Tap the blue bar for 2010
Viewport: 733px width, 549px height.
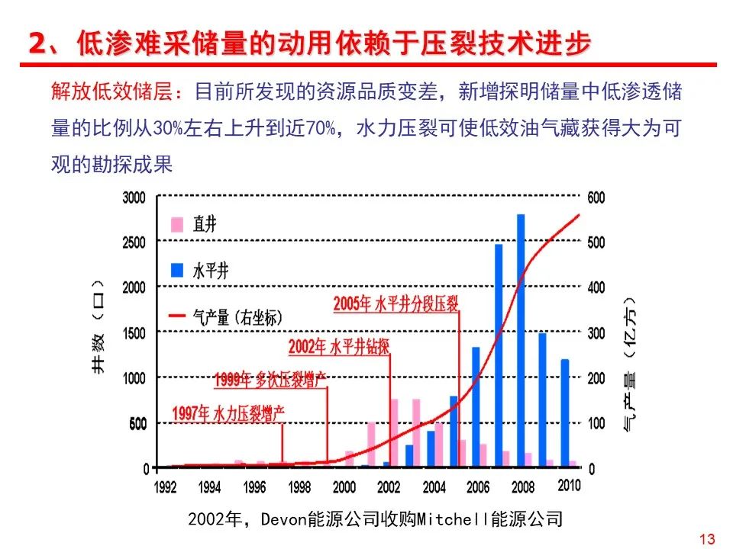coord(565,413)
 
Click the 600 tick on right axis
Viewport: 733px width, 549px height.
coord(596,197)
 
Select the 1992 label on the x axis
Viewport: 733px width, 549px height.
coord(166,486)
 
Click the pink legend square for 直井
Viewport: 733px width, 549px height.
coord(177,224)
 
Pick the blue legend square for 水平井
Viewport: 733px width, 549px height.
coord(177,270)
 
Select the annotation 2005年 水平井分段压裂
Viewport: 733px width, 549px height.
coord(396,304)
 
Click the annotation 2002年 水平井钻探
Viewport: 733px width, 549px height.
coord(339,347)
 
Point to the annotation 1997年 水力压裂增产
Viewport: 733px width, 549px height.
coord(228,414)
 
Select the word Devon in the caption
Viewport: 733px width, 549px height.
coord(283,519)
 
